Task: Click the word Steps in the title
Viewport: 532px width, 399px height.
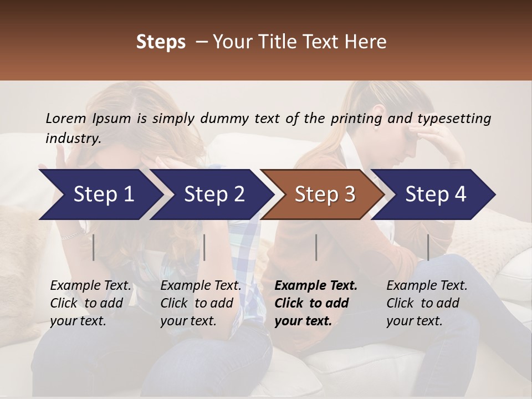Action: coord(161,42)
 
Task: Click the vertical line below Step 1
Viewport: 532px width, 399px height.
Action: coord(94,247)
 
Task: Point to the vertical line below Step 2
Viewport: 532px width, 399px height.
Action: coord(204,247)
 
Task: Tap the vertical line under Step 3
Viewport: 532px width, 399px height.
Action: coord(316,247)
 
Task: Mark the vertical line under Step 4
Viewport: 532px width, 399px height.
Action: coord(428,247)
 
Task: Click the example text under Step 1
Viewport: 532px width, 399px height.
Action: coord(90,303)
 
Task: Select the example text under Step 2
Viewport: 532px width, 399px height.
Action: coord(201,303)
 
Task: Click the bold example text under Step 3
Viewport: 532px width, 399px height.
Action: coord(316,303)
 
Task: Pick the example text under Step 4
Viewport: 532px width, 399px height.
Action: coord(427,303)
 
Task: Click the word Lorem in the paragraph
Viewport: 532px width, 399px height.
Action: coord(65,119)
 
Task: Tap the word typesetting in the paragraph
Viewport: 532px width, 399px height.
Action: coord(453,119)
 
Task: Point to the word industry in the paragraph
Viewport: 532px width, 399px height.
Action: coord(73,139)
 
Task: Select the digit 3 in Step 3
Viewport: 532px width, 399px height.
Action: coord(349,194)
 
